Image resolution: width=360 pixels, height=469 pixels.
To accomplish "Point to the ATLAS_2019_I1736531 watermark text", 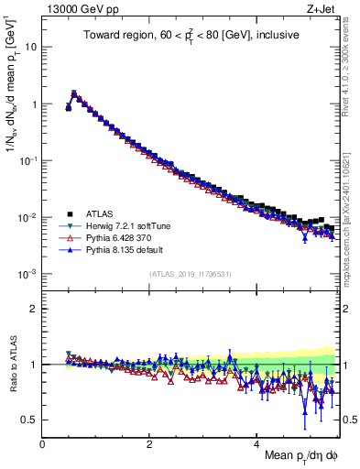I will [190, 275].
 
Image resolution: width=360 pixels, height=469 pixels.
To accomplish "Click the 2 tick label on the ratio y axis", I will [33, 308].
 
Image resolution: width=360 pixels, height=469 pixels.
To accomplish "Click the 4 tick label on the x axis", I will [257, 444].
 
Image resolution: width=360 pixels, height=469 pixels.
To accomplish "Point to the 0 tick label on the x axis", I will [43, 444].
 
